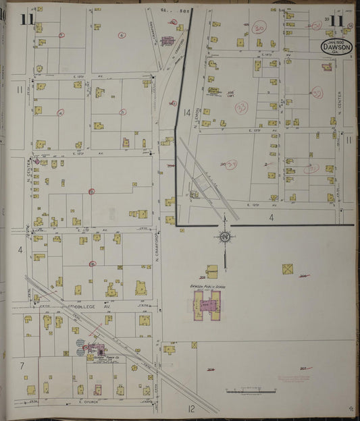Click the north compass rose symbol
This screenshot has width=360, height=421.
[226, 237]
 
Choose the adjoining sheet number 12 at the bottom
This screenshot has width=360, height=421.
[191, 408]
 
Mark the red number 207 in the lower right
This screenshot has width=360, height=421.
[303, 368]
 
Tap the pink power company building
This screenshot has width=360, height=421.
[97, 350]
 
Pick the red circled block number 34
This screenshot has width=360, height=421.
[232, 163]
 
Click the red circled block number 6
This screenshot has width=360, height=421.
[122, 35]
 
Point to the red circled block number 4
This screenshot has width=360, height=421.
[61, 113]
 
